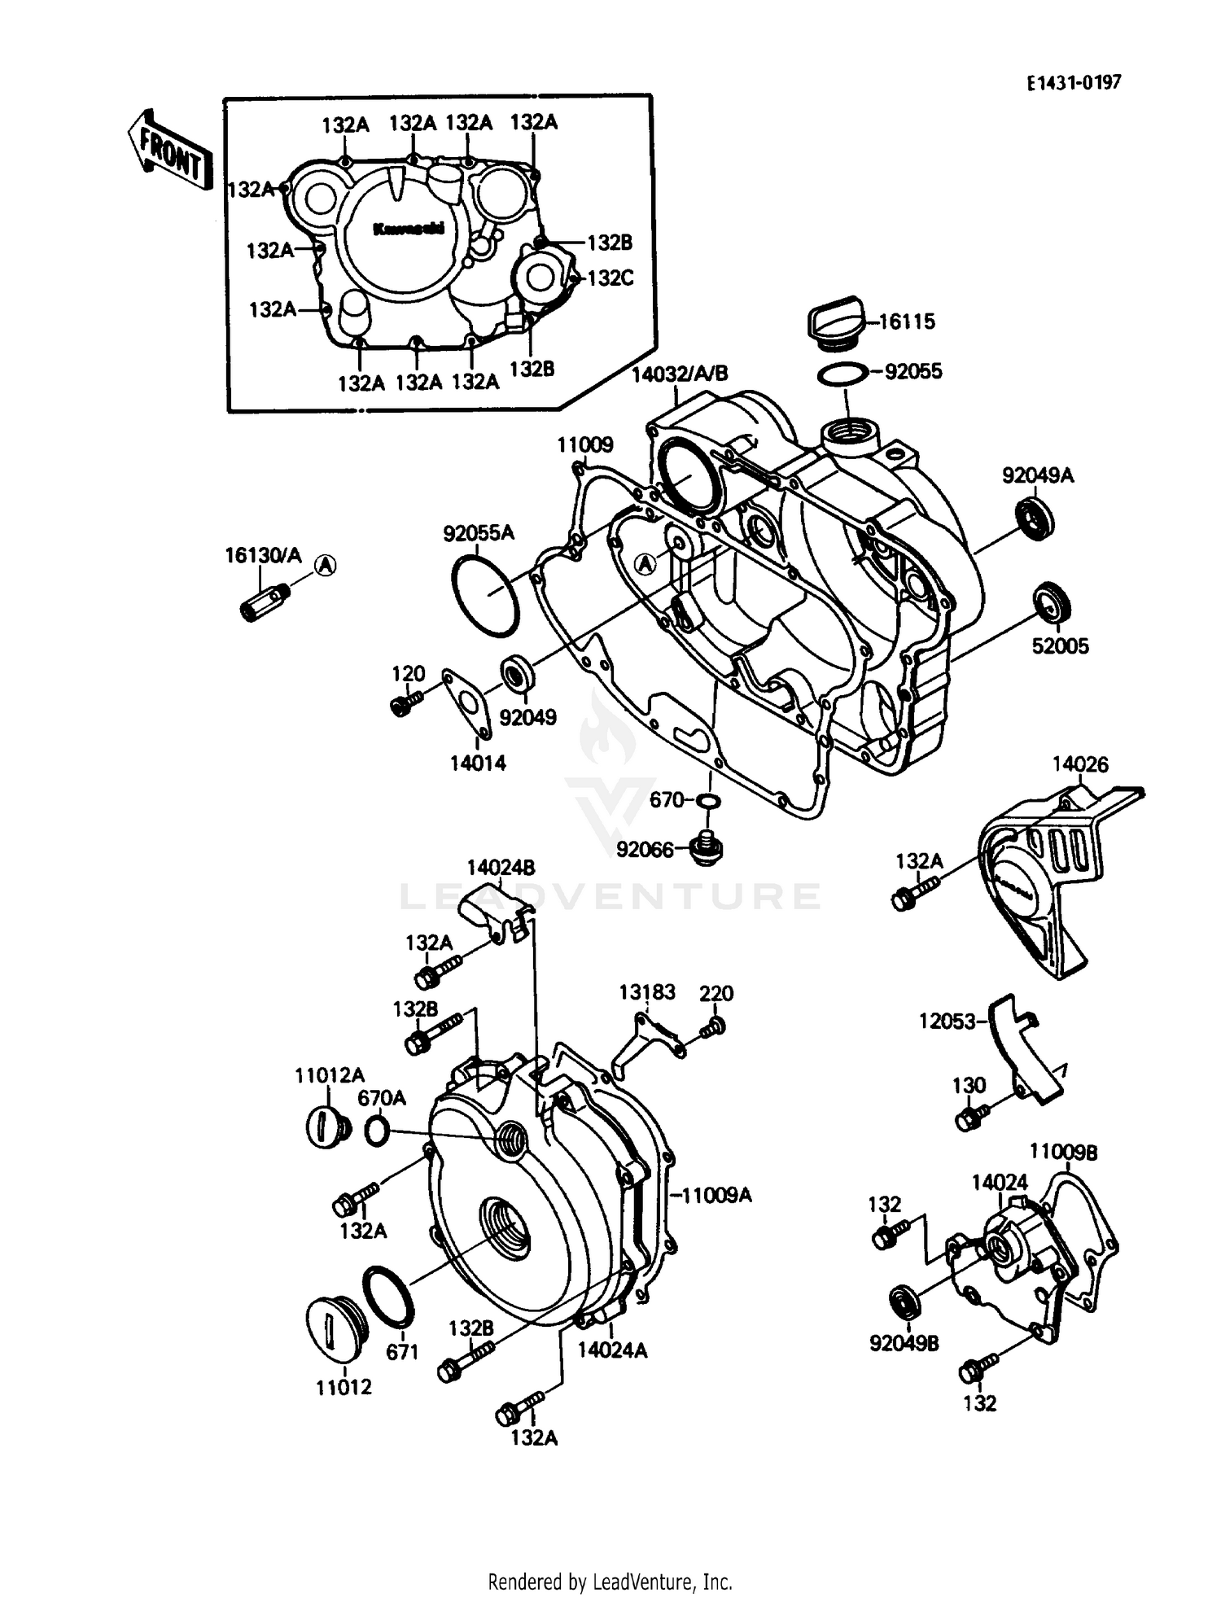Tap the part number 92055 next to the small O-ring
(x=912, y=371)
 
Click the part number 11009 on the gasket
(x=584, y=445)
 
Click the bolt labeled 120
(x=404, y=702)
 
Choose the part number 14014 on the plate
(x=478, y=763)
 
